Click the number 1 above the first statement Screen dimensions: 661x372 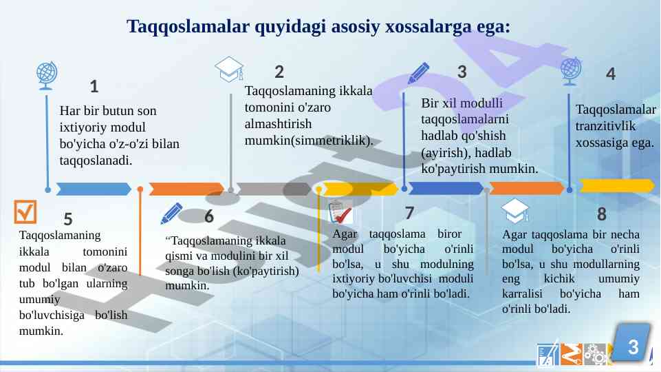coord(94,87)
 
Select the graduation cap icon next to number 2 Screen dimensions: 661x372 coord(229,70)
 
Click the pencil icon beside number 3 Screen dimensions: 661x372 coord(418,73)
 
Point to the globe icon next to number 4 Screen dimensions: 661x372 coord(571,72)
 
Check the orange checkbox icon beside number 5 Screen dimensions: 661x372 coord(25,211)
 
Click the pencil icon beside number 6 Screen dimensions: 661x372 coord(171,214)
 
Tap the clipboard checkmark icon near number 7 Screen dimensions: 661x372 coord(340,212)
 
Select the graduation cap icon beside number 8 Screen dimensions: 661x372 coord(514,211)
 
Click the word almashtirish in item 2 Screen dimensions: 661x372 coord(278,124)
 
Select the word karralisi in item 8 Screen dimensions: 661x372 coord(522,293)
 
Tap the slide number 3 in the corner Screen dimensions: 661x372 coord(633,347)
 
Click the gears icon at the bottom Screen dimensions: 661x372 coord(595,354)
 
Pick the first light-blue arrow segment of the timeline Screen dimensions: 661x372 coord(94,189)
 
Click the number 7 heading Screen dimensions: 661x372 coord(409,214)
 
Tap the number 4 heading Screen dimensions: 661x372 coord(610,74)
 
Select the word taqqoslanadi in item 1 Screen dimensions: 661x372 coord(96,161)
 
